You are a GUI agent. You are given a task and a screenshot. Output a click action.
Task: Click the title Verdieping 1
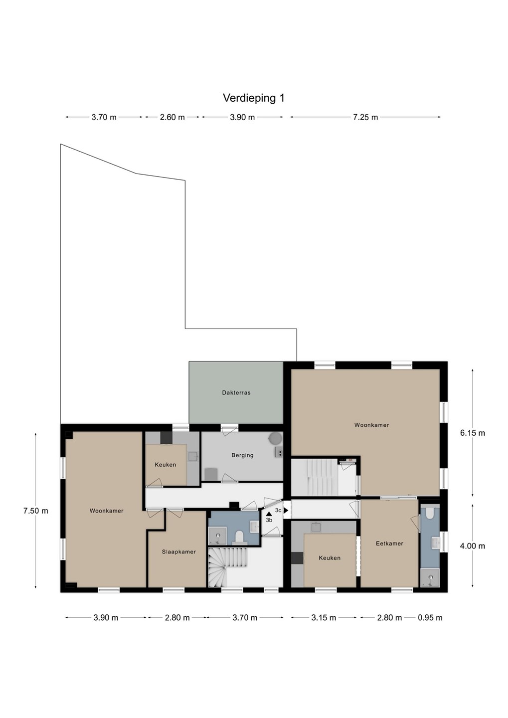click(254, 98)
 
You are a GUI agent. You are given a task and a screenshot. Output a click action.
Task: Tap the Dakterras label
click(236, 392)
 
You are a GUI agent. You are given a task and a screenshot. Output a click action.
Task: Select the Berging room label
click(243, 455)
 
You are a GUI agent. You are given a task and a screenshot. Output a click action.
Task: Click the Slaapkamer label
click(179, 551)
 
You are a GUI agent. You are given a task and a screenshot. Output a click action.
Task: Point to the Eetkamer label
click(389, 543)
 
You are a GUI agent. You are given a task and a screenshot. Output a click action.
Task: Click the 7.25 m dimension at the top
click(365, 117)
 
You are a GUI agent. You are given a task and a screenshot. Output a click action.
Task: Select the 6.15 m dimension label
click(473, 433)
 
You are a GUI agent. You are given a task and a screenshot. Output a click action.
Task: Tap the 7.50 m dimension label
click(35, 511)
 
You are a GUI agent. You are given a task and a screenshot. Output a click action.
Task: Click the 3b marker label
click(269, 520)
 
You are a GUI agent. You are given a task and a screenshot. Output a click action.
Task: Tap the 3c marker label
click(278, 510)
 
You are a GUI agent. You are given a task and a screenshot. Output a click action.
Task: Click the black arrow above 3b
click(269, 514)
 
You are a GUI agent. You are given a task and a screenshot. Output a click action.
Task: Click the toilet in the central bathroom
click(239, 537)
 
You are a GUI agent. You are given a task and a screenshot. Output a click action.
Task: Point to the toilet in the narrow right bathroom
click(429, 514)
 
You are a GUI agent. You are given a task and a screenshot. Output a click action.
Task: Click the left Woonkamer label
click(106, 511)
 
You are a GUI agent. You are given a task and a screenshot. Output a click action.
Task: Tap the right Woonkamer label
click(371, 425)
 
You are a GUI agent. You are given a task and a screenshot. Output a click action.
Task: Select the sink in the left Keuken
click(193, 456)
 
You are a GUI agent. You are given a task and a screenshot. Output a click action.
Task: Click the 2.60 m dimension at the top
click(172, 117)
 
